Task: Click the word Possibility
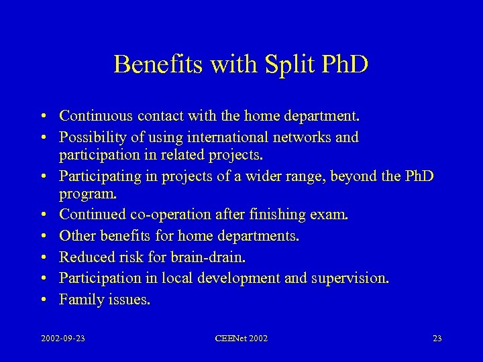point(91,137)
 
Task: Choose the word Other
point(77,237)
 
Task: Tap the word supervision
point(353,278)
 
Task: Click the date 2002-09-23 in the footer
point(62,339)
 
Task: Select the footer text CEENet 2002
point(241,339)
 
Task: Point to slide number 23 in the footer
point(437,339)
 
